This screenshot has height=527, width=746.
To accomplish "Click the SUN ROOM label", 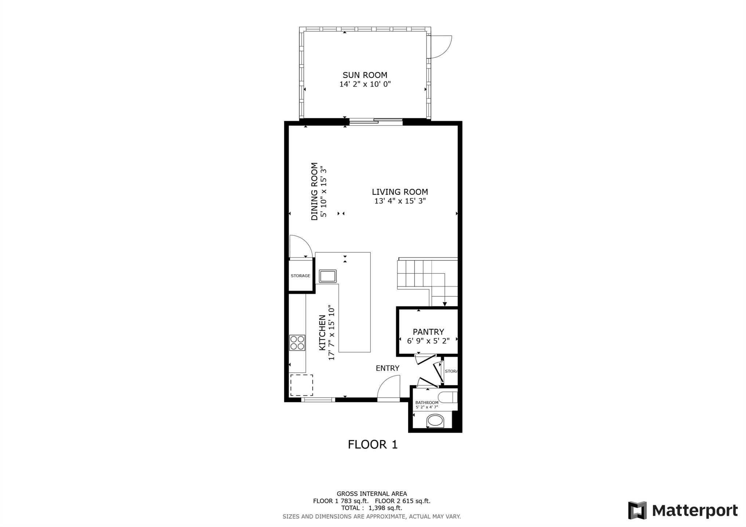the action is coord(365,75).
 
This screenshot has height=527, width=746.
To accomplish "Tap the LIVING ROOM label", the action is coord(400,192).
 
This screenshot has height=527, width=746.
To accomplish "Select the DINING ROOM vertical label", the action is coord(314,191).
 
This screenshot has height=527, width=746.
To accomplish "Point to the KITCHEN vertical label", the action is coord(322,333).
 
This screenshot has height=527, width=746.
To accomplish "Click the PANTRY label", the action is coord(428,332).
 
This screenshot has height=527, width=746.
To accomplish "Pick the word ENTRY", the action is coord(388,368).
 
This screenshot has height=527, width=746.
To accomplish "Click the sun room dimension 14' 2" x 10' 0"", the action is coord(365,84).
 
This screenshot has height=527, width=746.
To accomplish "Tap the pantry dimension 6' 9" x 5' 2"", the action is coord(428,341).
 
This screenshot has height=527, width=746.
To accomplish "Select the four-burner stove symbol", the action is coord(297,343).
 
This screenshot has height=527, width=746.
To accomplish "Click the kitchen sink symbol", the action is coord(327,276).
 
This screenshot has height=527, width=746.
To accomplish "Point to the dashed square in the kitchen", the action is coord(302,385).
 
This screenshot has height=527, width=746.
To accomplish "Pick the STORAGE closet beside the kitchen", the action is coord(301,276).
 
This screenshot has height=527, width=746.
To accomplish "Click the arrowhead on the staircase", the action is coord(445,304).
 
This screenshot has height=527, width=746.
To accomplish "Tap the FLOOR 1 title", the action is coord(373,444).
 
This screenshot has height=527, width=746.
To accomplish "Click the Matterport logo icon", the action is coord(637,510).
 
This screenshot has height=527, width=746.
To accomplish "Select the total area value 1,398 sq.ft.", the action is coord(385,508).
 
